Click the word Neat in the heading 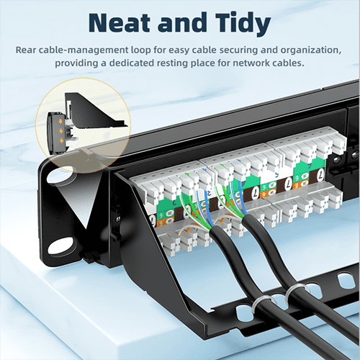pyautogui.click(x=120, y=23)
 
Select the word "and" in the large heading pyautogui.click(x=182, y=22)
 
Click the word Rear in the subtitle pyautogui.click(x=26, y=50)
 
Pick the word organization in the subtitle pyautogui.click(x=310, y=50)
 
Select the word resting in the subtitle pyautogui.click(x=173, y=63)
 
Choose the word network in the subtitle pyautogui.click(x=251, y=63)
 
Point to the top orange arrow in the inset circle pyautogui.click(x=61, y=122)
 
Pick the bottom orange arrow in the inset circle pyautogui.click(x=61, y=140)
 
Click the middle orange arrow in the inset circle pyautogui.click(x=61, y=131)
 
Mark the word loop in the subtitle pyautogui.click(x=141, y=50)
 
